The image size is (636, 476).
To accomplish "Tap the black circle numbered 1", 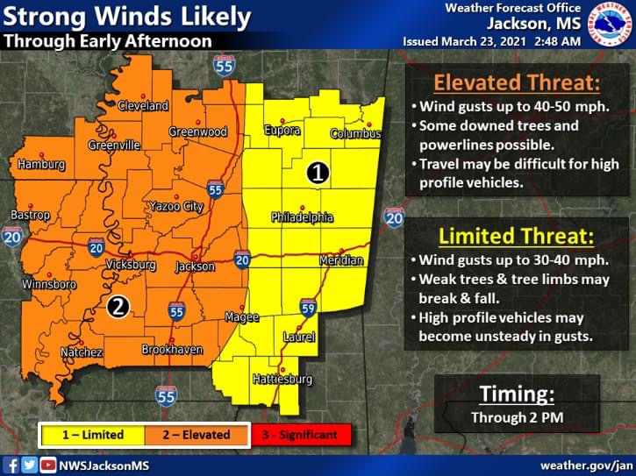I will [x=318, y=173].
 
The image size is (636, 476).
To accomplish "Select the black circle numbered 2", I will [x=117, y=306].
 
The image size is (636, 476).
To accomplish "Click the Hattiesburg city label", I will [x=282, y=380].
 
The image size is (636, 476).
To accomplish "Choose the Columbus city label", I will [x=355, y=134].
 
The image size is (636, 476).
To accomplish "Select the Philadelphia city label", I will [x=301, y=217].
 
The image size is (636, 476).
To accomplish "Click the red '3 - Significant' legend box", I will [x=300, y=434].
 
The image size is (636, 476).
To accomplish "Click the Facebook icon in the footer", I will [x=11, y=465].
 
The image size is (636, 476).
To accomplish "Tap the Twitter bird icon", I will [x=30, y=465].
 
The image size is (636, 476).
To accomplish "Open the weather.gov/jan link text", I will [x=585, y=465].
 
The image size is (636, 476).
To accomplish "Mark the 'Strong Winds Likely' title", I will [x=127, y=17].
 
